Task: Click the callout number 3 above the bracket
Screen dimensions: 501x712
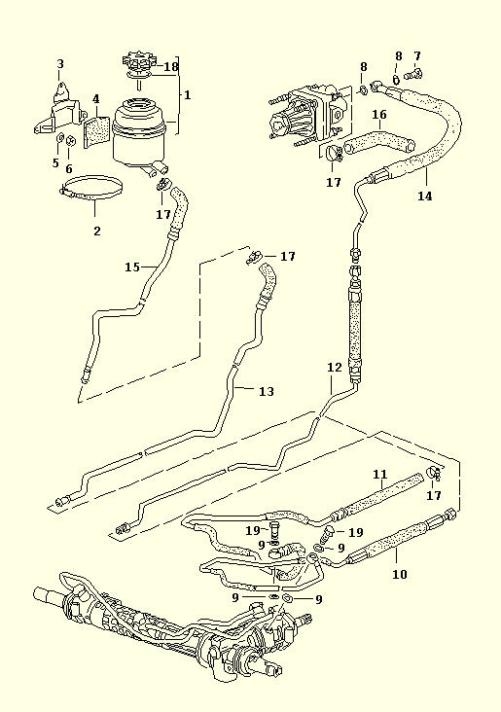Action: tap(60, 64)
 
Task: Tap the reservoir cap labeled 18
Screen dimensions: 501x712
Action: tap(139, 62)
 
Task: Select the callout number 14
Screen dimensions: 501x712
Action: tap(425, 196)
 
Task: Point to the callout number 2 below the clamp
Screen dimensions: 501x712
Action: tap(96, 231)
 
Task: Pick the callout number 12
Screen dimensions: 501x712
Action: tap(334, 367)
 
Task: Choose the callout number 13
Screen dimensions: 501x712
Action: tap(267, 391)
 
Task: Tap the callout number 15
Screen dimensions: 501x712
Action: tap(132, 267)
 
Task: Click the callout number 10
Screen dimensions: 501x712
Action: tap(400, 575)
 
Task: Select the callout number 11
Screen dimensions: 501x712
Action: tap(380, 475)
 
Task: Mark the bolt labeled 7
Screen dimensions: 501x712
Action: tap(412, 73)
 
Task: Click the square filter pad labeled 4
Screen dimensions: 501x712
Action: tap(96, 131)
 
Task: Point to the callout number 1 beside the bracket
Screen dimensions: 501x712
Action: tap(187, 95)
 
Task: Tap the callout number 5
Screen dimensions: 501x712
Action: tap(55, 162)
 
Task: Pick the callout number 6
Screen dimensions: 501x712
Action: tap(69, 169)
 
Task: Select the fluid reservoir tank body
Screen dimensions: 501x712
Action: tap(138, 134)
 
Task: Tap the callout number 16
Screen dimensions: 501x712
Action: tap(379, 114)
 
